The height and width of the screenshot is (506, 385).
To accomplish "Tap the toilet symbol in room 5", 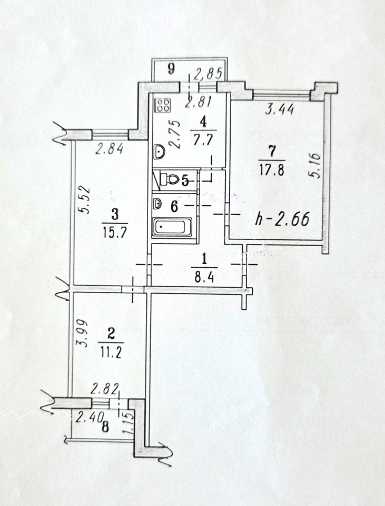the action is pos(169,179).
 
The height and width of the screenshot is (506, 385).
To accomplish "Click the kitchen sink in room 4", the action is pos(159,152).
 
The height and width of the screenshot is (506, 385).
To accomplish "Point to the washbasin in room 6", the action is pos(157,204).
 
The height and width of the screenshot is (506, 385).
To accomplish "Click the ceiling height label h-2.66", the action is pos(282,219).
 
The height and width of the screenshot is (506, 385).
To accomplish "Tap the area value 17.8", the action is pos(272,170).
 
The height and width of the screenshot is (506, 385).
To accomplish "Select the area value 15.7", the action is pos(115,232).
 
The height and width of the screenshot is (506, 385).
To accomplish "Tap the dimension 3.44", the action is pos(279,110).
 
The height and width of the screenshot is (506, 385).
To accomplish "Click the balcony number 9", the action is pos(172,69).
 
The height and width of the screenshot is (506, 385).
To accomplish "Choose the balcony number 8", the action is pos(105,427).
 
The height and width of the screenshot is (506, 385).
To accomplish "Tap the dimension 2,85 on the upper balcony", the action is pos(208,74).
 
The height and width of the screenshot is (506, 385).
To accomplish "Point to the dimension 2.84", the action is pos(110,149).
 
